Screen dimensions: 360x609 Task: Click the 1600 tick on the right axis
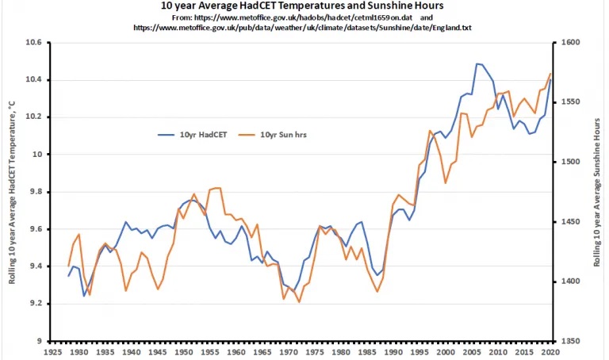click(572, 43)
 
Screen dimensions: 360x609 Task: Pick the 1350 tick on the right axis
click(572, 342)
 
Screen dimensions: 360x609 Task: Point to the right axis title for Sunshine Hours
click(596, 192)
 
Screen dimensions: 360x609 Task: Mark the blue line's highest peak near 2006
click(477, 63)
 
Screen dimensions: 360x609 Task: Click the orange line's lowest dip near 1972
click(299, 302)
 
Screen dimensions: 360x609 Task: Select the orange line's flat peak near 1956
click(216, 188)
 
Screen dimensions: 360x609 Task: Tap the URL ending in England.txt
click(302, 27)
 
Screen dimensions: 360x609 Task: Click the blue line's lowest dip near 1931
click(84, 296)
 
